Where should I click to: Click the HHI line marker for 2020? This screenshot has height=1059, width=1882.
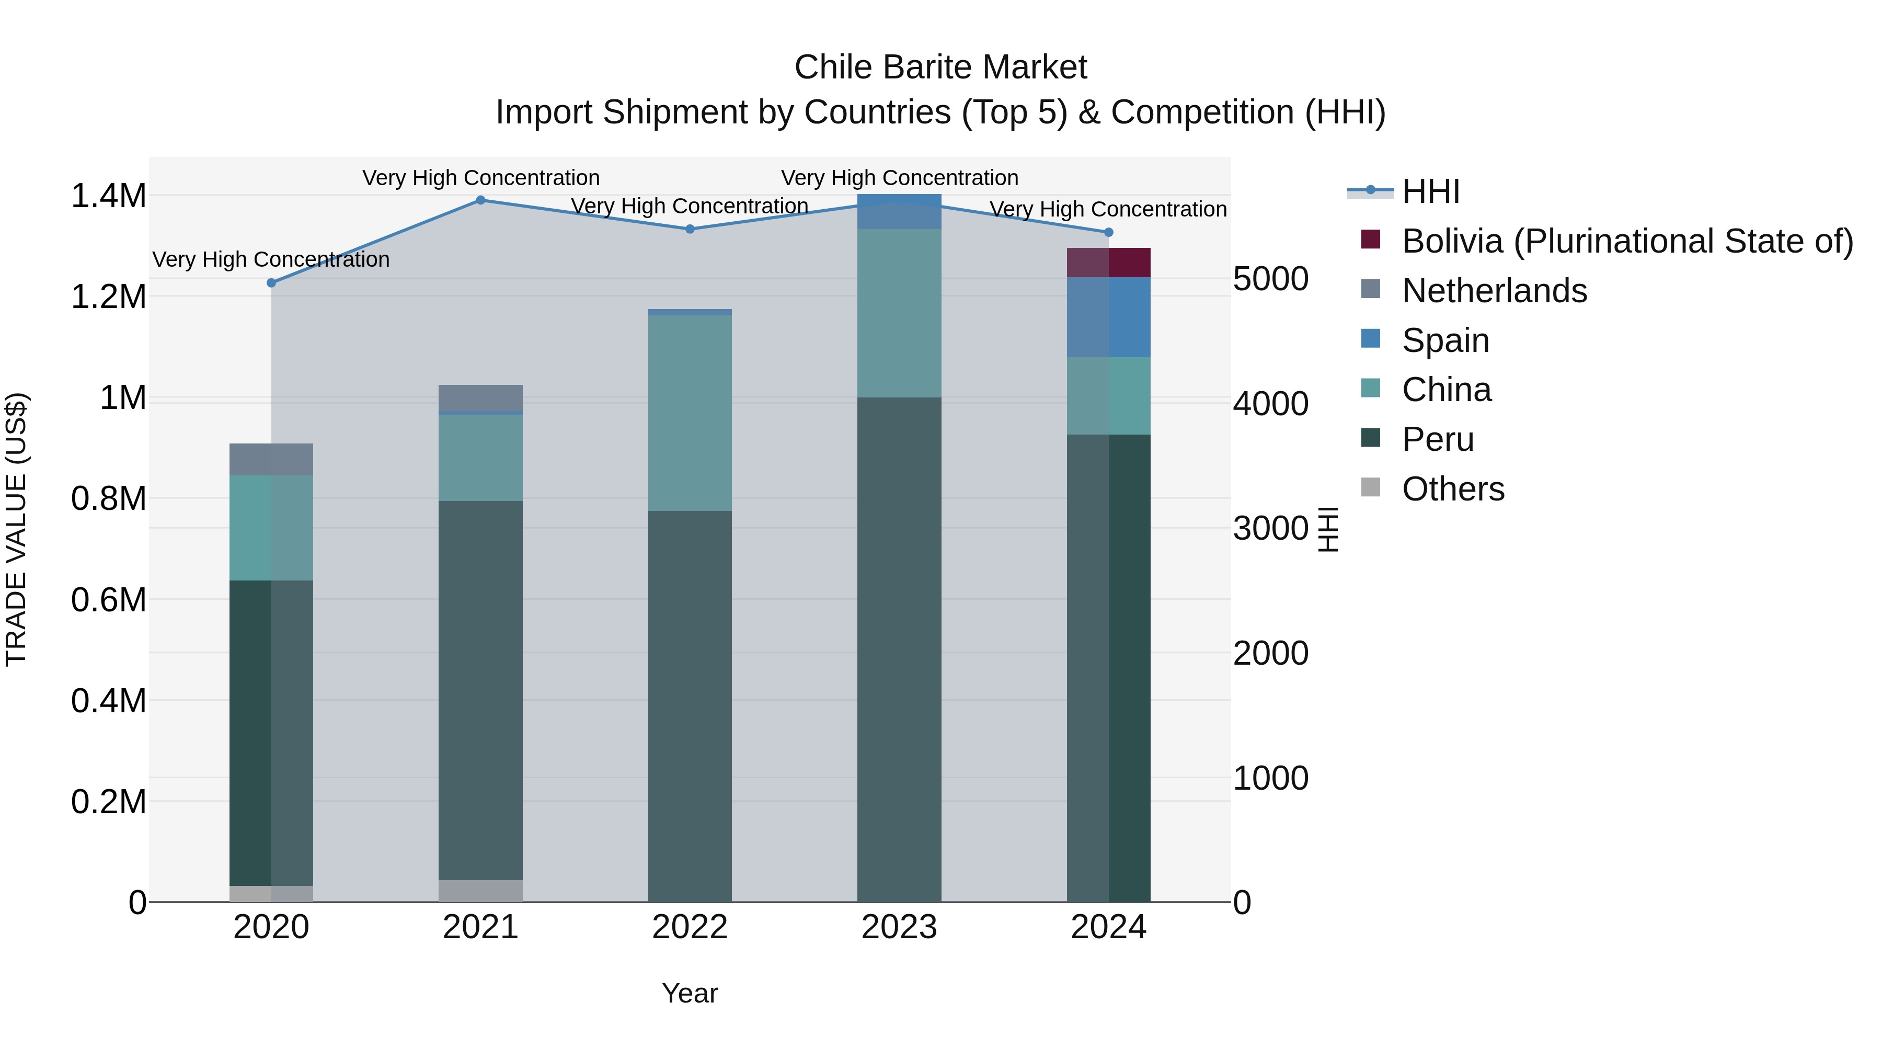pos(271,283)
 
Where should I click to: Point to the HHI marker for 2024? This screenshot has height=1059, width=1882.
pos(1108,232)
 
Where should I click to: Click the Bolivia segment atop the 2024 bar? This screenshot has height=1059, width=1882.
pos(1108,263)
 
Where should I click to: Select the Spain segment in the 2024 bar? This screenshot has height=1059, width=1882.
pos(1108,317)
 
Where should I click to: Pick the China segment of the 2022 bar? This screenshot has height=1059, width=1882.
pos(690,413)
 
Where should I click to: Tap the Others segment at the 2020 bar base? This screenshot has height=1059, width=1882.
pos(271,893)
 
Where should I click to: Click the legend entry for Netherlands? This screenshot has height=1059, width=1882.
pos(1494,291)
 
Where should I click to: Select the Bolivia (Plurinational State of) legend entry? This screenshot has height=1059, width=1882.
pos(1627,241)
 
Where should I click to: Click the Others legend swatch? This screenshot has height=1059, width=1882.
pos(1371,487)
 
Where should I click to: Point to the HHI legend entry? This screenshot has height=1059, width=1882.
pos(1430,191)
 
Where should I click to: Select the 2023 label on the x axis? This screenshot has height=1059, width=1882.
pos(899,927)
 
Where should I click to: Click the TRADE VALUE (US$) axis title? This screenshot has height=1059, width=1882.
pos(16,529)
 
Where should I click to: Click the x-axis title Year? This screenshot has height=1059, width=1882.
pos(690,993)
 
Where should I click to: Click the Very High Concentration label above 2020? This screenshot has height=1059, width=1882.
pos(271,259)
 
